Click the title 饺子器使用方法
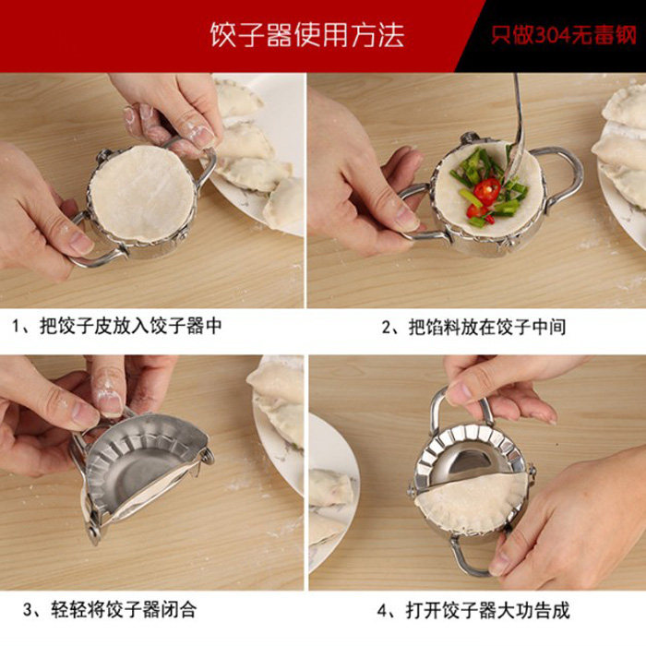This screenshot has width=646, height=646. (x=307, y=35)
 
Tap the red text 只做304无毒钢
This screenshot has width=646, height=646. (x=564, y=35)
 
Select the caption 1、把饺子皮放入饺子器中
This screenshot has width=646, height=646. (x=116, y=326)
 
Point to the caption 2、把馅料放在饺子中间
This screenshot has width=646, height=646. (x=473, y=327)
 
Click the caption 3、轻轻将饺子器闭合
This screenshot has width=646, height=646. (x=109, y=610)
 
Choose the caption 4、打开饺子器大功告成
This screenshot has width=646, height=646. (x=473, y=610)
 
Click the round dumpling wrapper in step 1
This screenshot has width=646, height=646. (x=142, y=194)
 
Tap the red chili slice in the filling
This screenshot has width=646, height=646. (x=487, y=191)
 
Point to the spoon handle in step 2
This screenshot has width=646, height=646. (x=519, y=115)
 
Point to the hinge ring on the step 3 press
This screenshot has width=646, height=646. (x=209, y=456)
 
